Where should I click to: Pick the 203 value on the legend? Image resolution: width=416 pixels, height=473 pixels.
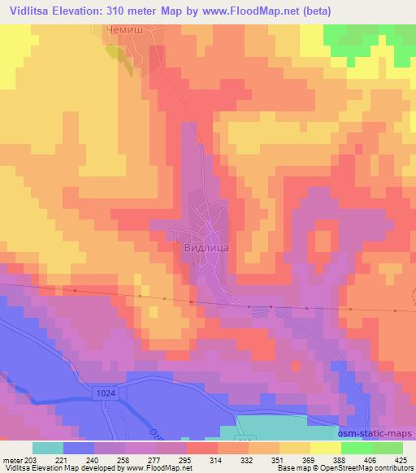pyautogui.click(x=31, y=458)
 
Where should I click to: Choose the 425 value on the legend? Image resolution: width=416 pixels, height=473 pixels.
pyautogui.click(x=401, y=458)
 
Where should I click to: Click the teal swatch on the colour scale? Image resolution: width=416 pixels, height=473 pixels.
pyautogui.click(x=48, y=448)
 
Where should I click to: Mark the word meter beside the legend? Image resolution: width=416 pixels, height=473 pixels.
pyautogui.click(x=12, y=458)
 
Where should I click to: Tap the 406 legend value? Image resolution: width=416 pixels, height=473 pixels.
pyautogui.click(x=370, y=458)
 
